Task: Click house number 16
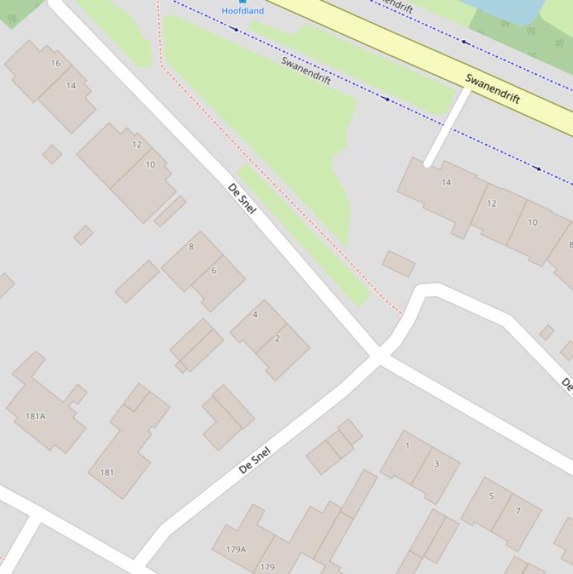(55, 63)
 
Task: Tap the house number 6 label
(213, 271)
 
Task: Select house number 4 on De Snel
(255, 315)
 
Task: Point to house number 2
(277, 338)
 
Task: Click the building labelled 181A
(36, 416)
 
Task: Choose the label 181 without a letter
(107, 472)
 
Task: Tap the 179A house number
(235, 549)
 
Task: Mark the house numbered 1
(407, 447)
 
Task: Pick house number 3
(437, 464)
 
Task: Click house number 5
(491, 496)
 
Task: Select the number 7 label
(518, 511)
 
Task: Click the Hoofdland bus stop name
(242, 11)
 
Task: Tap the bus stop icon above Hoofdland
(242, 2)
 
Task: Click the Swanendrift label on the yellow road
(492, 89)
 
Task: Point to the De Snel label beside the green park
(241, 198)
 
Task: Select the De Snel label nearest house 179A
(255, 460)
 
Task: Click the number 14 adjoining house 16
(71, 86)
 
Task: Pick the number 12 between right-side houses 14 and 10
(491, 204)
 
